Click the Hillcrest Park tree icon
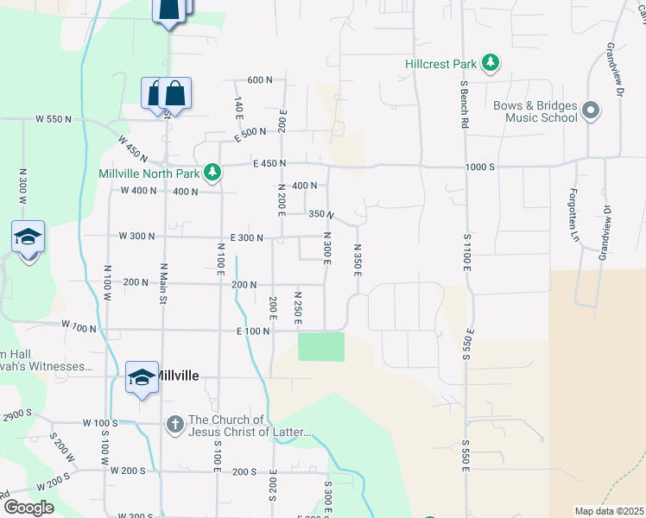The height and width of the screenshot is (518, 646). click(x=491, y=63)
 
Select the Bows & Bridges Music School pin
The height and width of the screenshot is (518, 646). click(x=591, y=111)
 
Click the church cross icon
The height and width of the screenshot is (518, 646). click(x=174, y=424)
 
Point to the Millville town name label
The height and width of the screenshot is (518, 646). click(x=175, y=376)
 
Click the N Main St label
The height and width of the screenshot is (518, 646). click(x=162, y=284)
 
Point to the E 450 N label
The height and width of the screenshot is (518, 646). click(x=269, y=163)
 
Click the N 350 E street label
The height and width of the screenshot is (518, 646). click(x=357, y=260)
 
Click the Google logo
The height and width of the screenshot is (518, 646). click(x=28, y=508)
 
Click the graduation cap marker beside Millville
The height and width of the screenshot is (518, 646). click(x=142, y=378)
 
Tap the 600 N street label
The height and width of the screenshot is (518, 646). click(x=259, y=79)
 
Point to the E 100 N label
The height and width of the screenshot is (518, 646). click(x=253, y=332)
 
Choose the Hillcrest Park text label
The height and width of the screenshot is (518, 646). click(x=440, y=64)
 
